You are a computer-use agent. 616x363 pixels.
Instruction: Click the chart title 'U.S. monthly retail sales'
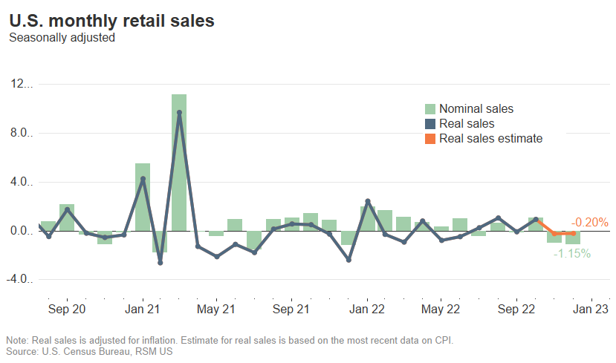pos(111,21)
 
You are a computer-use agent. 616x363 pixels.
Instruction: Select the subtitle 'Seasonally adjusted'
pos(62,37)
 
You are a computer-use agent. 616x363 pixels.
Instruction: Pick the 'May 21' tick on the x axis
pos(216,309)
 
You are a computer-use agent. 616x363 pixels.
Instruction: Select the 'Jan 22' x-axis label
pos(366,309)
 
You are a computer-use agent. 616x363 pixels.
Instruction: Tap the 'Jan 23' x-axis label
pos(591,309)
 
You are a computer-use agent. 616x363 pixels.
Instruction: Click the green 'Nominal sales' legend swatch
pos(430,109)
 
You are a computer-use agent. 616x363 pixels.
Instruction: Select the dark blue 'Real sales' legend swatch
pos(430,124)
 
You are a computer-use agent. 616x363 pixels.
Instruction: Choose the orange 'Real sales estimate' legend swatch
pos(430,139)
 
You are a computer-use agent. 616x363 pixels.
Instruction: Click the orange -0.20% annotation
pos(589,222)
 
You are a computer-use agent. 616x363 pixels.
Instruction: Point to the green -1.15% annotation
pos(571,254)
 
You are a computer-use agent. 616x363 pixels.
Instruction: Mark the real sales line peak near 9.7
pos(179,113)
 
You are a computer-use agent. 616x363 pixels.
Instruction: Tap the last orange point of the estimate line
pos(573,234)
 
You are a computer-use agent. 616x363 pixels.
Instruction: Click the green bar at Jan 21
pos(143,197)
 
